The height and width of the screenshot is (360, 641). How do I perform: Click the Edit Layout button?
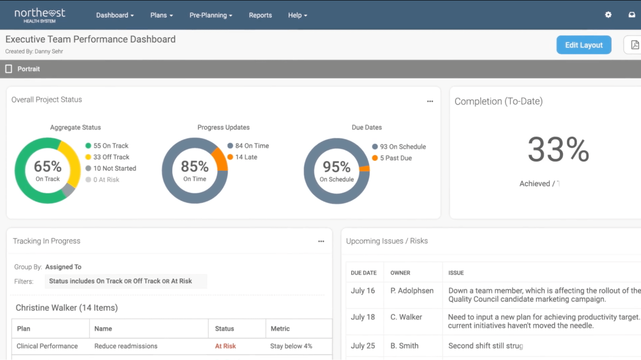tap(584, 45)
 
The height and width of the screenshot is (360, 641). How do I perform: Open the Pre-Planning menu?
tap(211, 15)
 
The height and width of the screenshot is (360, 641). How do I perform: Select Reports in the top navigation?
tap(260, 15)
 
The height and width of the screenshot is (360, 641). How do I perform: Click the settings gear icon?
tap(608, 15)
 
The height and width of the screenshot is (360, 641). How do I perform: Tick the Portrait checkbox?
tap(9, 69)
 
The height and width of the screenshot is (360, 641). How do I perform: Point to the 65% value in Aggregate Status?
tap(47, 166)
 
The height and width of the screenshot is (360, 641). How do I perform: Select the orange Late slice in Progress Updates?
tap(220, 159)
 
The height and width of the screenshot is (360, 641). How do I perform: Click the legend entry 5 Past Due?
tap(395, 158)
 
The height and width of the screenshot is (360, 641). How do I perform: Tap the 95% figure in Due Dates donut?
tap(336, 167)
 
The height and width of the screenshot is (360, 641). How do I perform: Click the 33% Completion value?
tap(558, 149)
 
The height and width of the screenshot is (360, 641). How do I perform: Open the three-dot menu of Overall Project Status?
tap(430, 101)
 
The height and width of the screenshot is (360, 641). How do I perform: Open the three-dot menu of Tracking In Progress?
tap(321, 241)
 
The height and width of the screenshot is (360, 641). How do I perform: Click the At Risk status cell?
tap(225, 346)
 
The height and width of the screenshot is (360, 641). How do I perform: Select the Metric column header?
tap(280, 329)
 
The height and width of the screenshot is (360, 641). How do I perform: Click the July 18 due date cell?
tap(363, 317)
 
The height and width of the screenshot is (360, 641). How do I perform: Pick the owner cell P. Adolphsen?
tap(412, 291)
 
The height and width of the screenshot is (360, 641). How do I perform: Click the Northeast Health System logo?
tap(40, 15)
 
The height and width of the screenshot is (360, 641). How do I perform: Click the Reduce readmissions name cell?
tap(126, 346)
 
